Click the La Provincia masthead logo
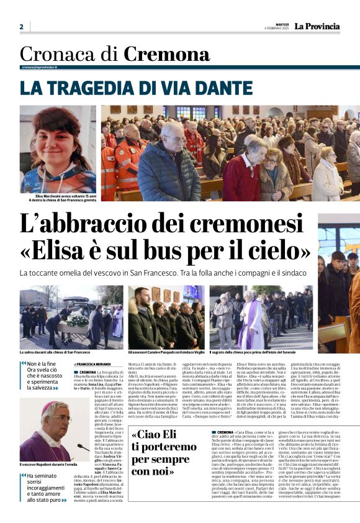click(317, 26)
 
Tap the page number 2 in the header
click(21, 27)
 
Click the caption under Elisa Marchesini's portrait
click(58, 198)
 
